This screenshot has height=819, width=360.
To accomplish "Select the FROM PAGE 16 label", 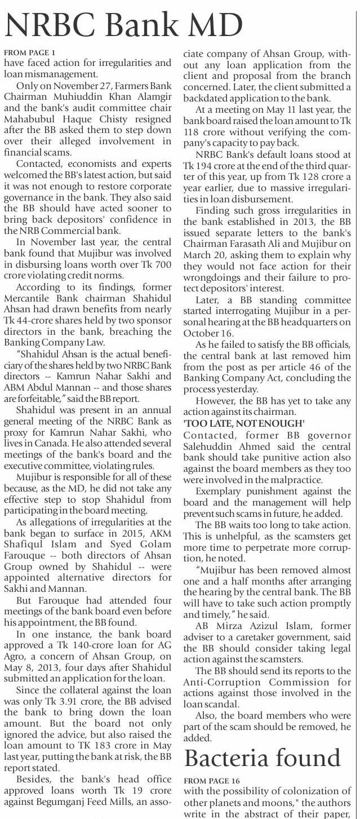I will click(212, 780).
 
